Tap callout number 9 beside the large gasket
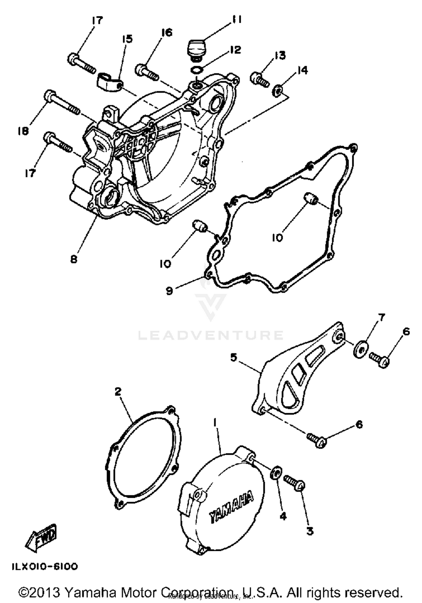click(169, 291)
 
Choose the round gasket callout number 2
click(118, 391)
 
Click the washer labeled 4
click(275, 473)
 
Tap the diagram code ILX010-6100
click(44, 566)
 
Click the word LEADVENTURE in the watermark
click(210, 335)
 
